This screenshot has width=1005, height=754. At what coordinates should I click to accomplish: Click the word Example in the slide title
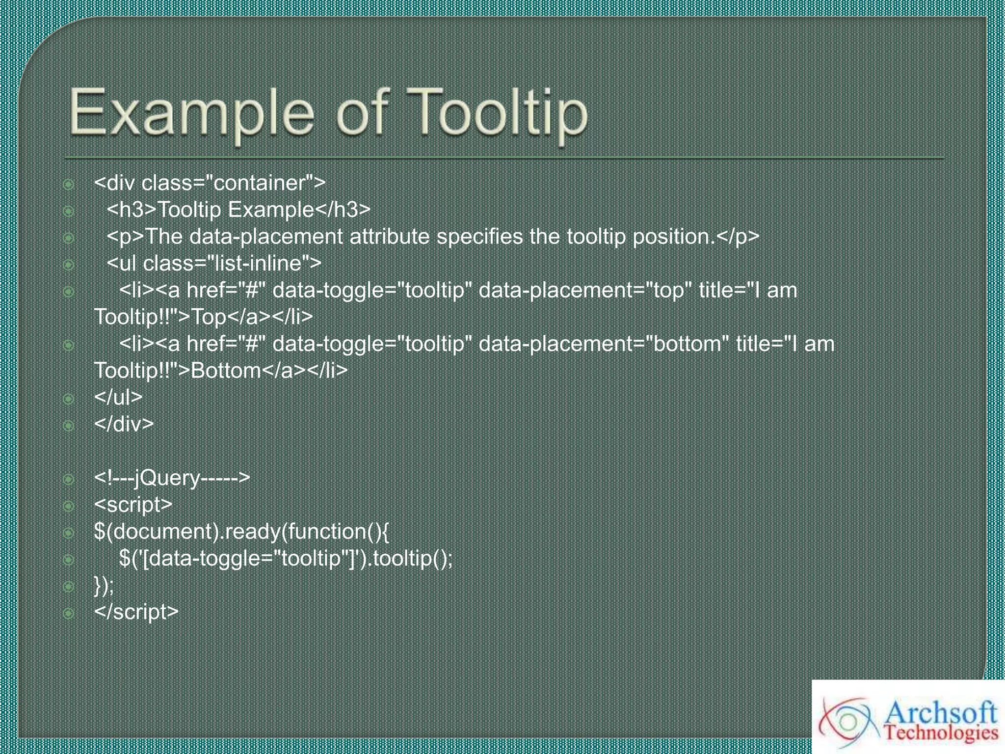click(191, 114)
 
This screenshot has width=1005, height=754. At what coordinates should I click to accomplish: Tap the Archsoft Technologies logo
click(908, 717)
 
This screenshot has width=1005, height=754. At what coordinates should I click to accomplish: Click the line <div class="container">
click(210, 183)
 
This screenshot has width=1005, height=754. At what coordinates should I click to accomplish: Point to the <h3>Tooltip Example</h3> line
click(238, 210)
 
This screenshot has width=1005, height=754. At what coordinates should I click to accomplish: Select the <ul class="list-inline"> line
click(214, 264)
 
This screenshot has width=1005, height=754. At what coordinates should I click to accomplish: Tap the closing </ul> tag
click(118, 397)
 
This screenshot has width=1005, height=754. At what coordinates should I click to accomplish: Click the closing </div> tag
click(124, 424)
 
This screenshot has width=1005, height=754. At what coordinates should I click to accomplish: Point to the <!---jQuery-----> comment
click(172, 478)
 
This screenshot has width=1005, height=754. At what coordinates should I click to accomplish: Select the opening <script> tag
click(133, 505)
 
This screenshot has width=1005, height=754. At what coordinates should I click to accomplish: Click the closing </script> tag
click(136, 612)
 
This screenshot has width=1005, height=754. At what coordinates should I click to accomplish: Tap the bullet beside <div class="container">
click(69, 185)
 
